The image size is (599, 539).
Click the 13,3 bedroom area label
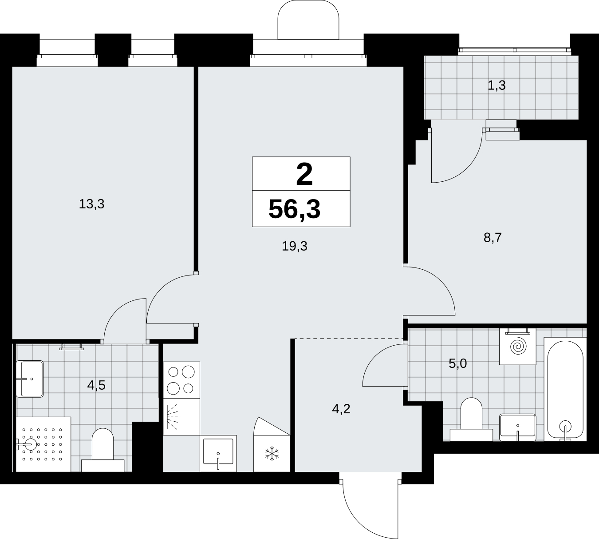(x=92, y=204)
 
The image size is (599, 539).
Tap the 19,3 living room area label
(x=295, y=246)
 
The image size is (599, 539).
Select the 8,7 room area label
(x=493, y=238)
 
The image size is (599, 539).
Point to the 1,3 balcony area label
(x=497, y=86)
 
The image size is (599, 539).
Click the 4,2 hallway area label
(x=341, y=409)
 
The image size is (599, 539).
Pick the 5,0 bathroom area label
(x=457, y=363)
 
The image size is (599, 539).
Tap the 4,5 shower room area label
(x=96, y=385)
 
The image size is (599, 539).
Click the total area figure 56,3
(x=295, y=209)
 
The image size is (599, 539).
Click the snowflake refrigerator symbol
(x=272, y=454)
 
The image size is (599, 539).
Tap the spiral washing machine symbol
(x=518, y=346)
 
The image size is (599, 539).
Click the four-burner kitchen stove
(x=181, y=380)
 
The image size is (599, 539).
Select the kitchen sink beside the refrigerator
(x=218, y=453)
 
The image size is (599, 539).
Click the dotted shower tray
(x=43, y=444)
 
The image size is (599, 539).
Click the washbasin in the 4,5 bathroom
(x=30, y=379)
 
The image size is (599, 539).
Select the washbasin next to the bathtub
(x=518, y=427)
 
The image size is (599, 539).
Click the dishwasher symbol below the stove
(x=181, y=417)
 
